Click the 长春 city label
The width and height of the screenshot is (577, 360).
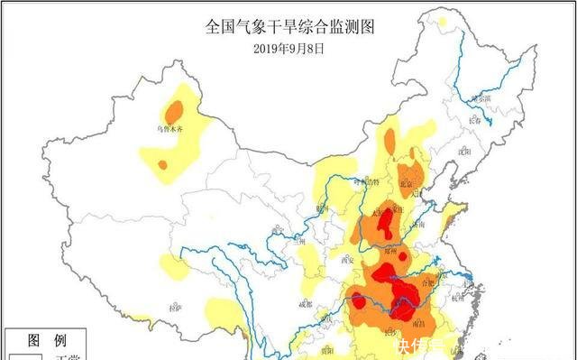pos(476,120)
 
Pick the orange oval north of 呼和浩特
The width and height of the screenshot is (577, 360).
pos(389,141)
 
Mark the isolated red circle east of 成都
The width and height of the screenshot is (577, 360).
pos(360,301)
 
